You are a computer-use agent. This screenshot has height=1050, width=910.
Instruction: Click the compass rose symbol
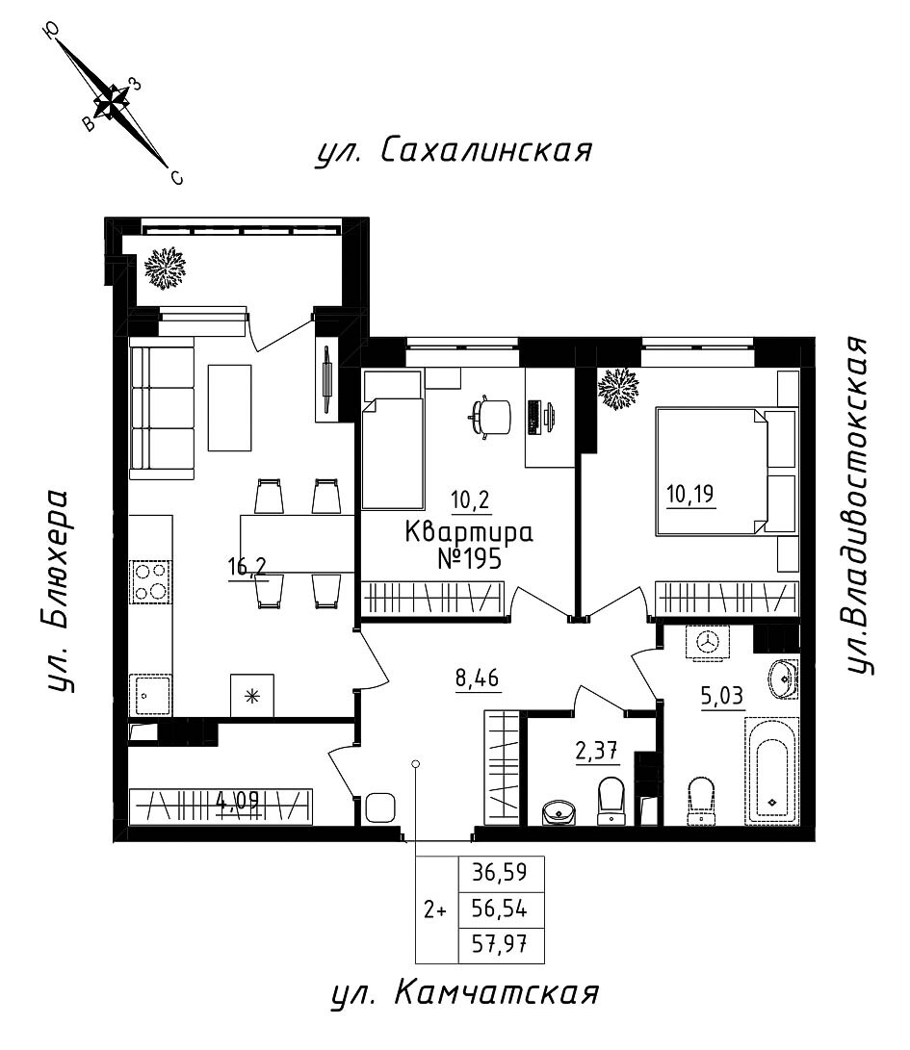pos(114,100)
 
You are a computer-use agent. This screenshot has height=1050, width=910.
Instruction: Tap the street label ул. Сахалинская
pos(453,151)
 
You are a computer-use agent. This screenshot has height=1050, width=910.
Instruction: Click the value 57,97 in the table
pos(501,945)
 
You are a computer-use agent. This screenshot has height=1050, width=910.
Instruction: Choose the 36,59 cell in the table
pos(501,874)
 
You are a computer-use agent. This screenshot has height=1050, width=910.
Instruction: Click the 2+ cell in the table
pos(435,909)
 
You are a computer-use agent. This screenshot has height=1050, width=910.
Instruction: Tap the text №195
pos(469,559)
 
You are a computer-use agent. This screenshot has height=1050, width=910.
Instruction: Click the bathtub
pos(772,770)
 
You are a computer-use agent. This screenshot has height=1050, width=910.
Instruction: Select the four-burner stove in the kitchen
pos(149,581)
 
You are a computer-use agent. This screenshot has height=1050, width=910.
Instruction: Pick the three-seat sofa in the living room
pos(162,411)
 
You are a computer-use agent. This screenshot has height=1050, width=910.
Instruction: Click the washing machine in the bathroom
pos(709,643)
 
